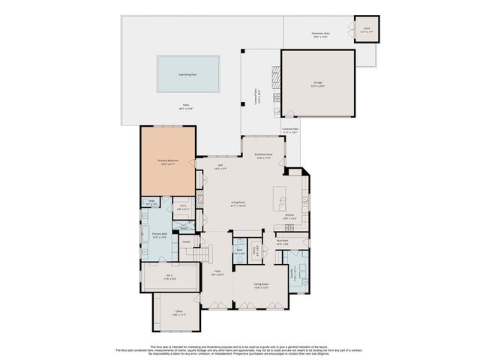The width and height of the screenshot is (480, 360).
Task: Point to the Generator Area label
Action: pyautogui.click(x=322, y=34)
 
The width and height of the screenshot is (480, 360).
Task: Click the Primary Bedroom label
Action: pyautogui.click(x=168, y=162)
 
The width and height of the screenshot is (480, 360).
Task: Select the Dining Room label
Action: pyautogui.click(x=261, y=286)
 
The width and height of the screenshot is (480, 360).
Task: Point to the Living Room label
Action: pyautogui.click(x=239, y=203)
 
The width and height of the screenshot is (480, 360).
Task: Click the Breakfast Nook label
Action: pyautogui.click(x=263, y=156)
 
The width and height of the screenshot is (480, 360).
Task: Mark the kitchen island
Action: pyautogui.click(x=281, y=197)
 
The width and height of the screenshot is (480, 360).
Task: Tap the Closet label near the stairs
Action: pyautogui.click(x=184, y=241)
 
